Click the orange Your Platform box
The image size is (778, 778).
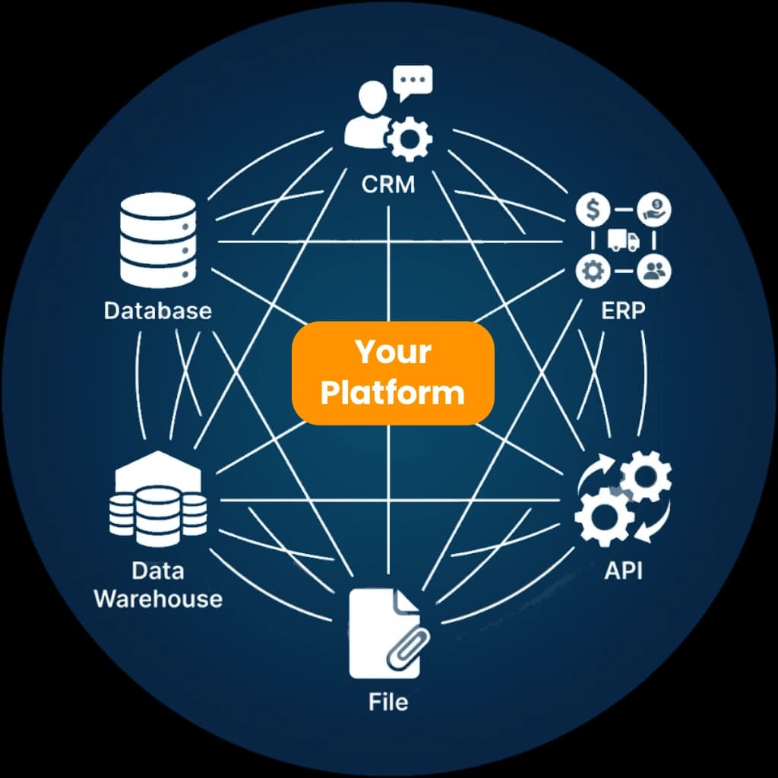tap(393, 373)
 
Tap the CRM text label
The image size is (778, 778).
tap(388, 184)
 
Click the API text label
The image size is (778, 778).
tap(623, 570)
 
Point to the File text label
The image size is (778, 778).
tap(388, 701)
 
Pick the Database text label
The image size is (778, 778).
tap(158, 310)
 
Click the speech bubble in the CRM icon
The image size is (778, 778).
tap(413, 79)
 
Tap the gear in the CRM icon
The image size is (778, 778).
tap(410, 138)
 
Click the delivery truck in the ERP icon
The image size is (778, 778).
tap(623, 240)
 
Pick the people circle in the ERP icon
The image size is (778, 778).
tap(653, 271)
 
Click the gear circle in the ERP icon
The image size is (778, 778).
tap(593, 271)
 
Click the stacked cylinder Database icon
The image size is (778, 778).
tap(158, 239)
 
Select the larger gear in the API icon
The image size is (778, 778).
tap(605, 515)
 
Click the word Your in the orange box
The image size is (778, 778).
tap(393, 353)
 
